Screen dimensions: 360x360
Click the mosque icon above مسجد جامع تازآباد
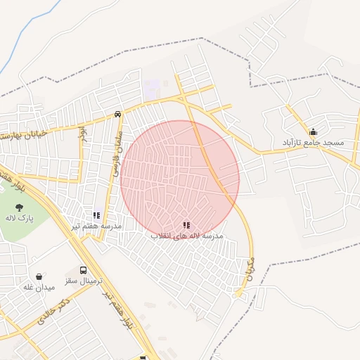tap(313, 131)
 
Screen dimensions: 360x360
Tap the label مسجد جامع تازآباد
tap(313, 143)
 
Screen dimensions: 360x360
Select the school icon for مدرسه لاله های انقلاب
tap(186, 226)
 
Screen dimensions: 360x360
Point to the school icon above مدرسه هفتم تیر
tap(96, 215)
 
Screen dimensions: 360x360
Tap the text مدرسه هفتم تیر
tap(96, 226)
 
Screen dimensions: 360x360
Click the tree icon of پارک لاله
tap(20, 207)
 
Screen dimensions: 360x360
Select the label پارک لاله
tap(15, 221)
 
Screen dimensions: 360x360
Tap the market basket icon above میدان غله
tap(39, 276)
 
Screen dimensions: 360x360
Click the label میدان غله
tap(39, 287)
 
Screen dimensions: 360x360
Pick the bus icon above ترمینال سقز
tap(84, 270)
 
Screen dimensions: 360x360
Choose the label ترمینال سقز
tap(80, 281)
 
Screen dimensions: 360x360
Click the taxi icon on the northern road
tap(117, 113)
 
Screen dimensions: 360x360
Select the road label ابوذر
tap(82, 131)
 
